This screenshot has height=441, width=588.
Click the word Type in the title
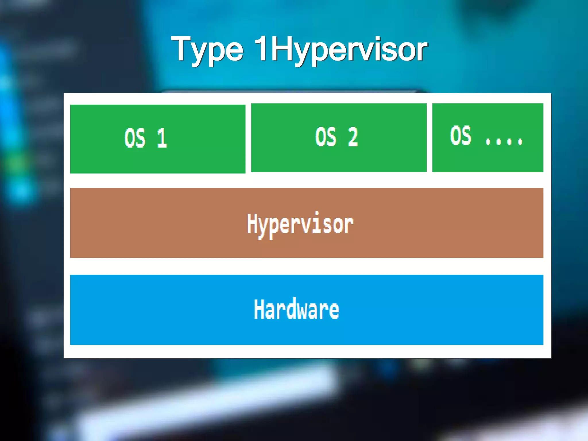(x=207, y=49)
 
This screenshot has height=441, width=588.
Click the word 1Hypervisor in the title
(x=341, y=49)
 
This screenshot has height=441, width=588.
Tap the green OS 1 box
(x=158, y=139)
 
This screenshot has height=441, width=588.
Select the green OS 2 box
(x=339, y=138)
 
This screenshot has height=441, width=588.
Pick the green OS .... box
(x=488, y=138)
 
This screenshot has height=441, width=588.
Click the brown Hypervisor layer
(x=307, y=223)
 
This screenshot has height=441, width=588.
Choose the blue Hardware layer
(x=307, y=310)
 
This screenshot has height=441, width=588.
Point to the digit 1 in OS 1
(x=162, y=138)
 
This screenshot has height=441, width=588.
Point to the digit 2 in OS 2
(x=353, y=137)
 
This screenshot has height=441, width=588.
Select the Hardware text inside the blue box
(x=296, y=309)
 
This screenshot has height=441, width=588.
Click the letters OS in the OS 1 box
(x=135, y=138)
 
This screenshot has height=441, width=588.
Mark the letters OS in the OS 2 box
(x=326, y=137)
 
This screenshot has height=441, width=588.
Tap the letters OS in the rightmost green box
(x=461, y=135)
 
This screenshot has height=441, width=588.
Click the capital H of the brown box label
(x=253, y=223)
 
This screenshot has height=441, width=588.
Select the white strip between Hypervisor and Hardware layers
(x=307, y=266)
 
